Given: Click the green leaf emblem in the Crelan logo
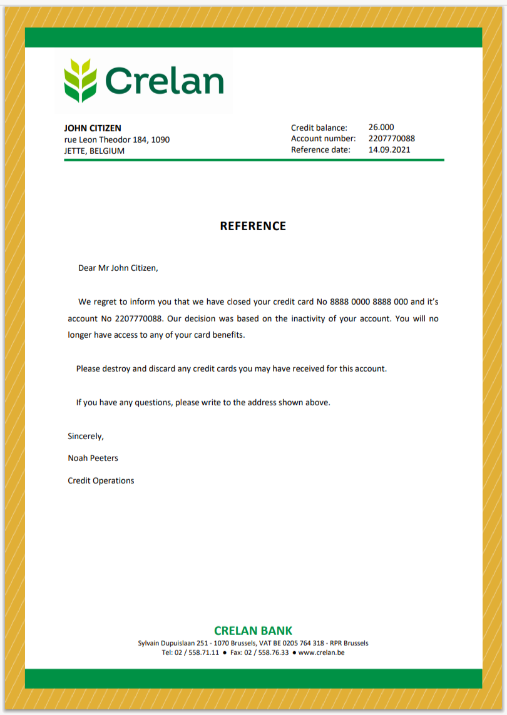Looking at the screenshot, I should click(80, 80).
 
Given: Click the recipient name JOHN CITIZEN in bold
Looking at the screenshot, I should click(93, 128).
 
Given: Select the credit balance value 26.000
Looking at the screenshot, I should click(381, 128).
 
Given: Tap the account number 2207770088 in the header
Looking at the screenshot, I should click(391, 139).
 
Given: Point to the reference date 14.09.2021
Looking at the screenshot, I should click(389, 150).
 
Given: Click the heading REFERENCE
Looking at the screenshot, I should click(253, 226).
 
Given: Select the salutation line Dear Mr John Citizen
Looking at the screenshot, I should click(118, 268).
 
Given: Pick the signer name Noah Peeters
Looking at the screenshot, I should click(93, 459).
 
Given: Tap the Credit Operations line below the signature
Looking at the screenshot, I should click(101, 481).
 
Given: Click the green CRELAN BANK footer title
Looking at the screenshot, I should click(253, 631).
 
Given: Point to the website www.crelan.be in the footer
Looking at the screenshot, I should click(321, 652).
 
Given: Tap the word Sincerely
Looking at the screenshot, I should click(85, 436).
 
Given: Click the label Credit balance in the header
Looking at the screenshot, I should click(319, 128).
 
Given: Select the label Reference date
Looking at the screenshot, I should click(320, 150).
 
